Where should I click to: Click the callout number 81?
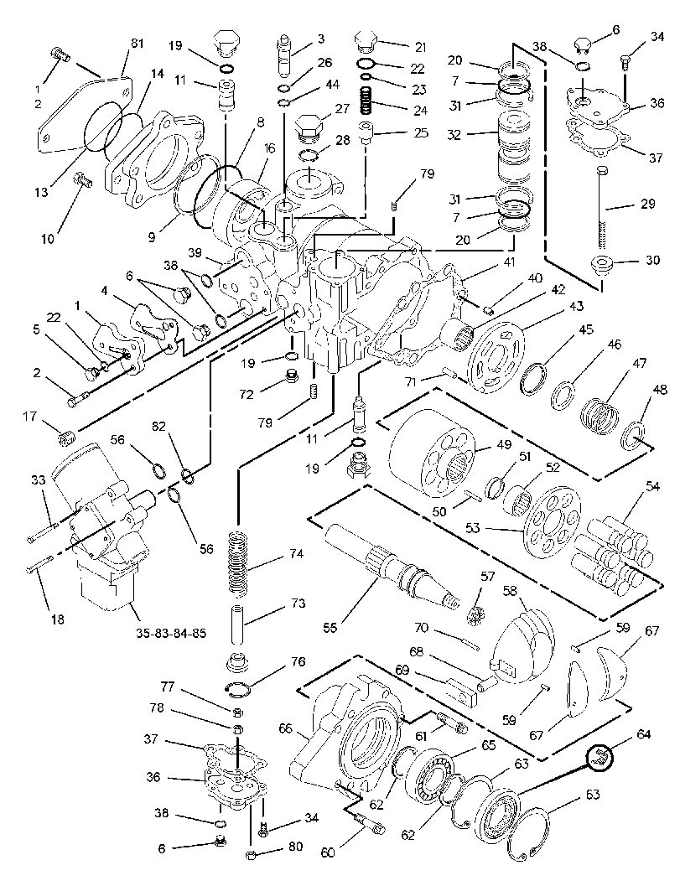click(138, 44)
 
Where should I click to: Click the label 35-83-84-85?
click(171, 633)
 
